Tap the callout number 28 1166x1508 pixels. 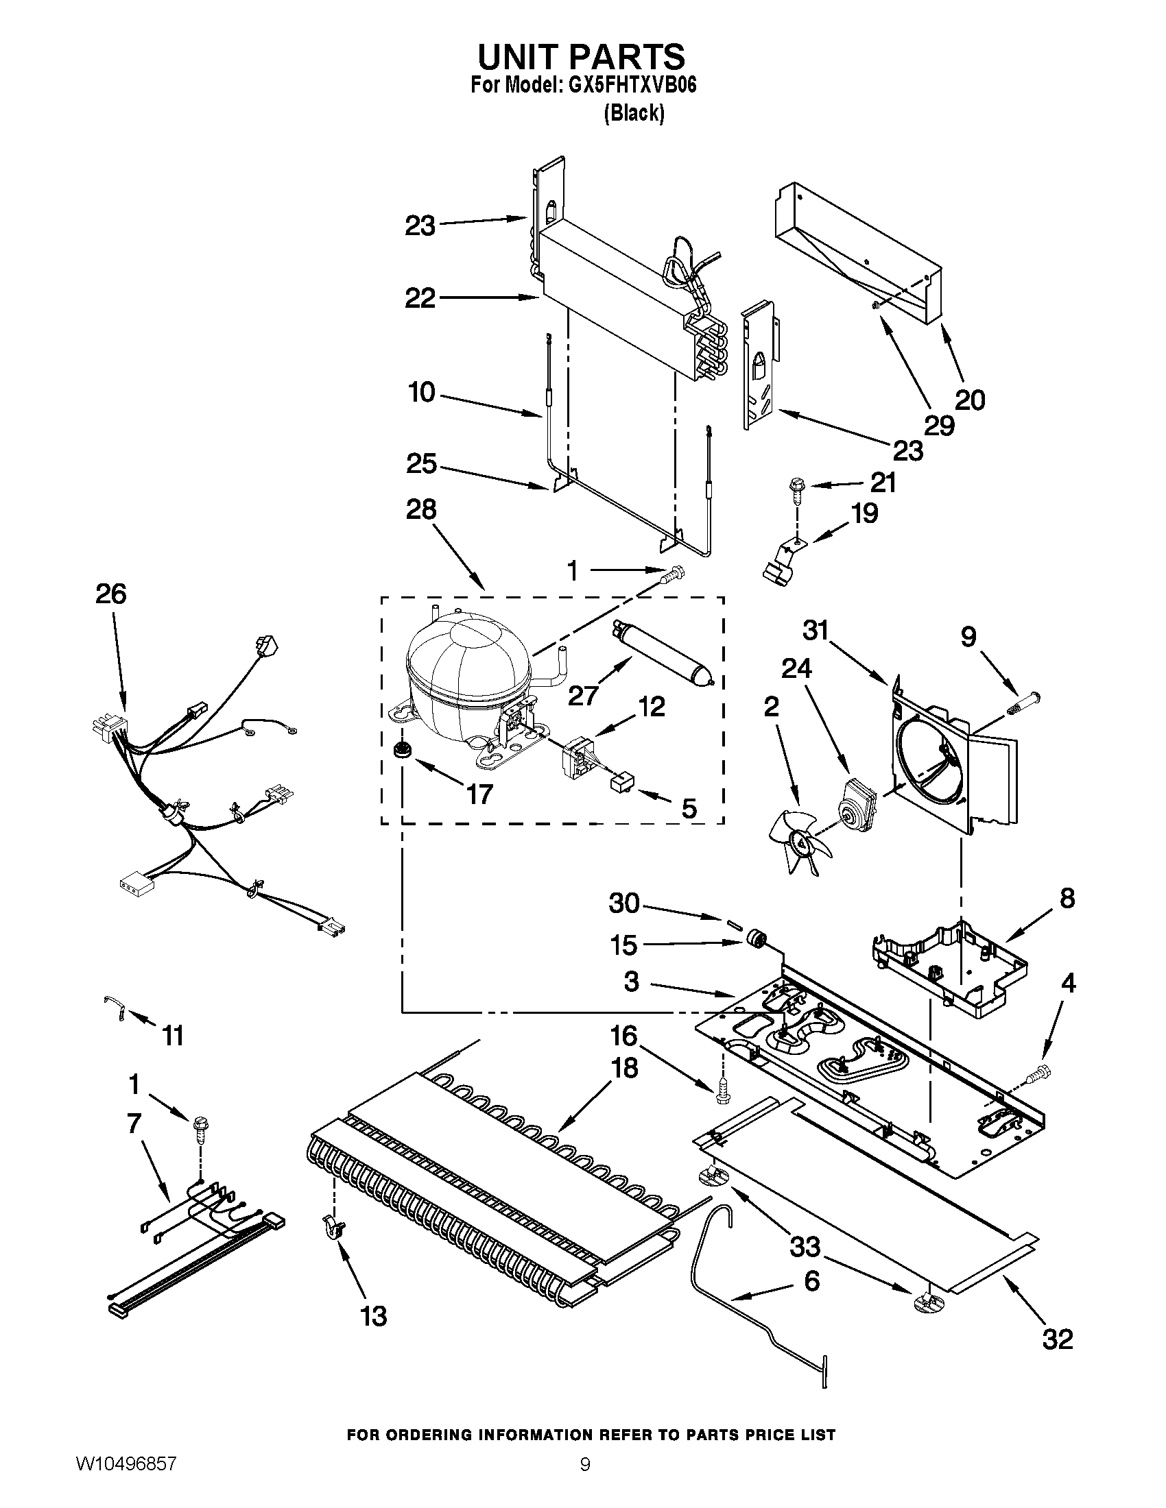click(421, 509)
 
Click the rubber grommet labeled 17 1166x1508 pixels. click(400, 750)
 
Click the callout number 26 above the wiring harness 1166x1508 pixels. click(111, 594)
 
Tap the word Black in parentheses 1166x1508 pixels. click(634, 114)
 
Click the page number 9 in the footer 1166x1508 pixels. click(585, 1481)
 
